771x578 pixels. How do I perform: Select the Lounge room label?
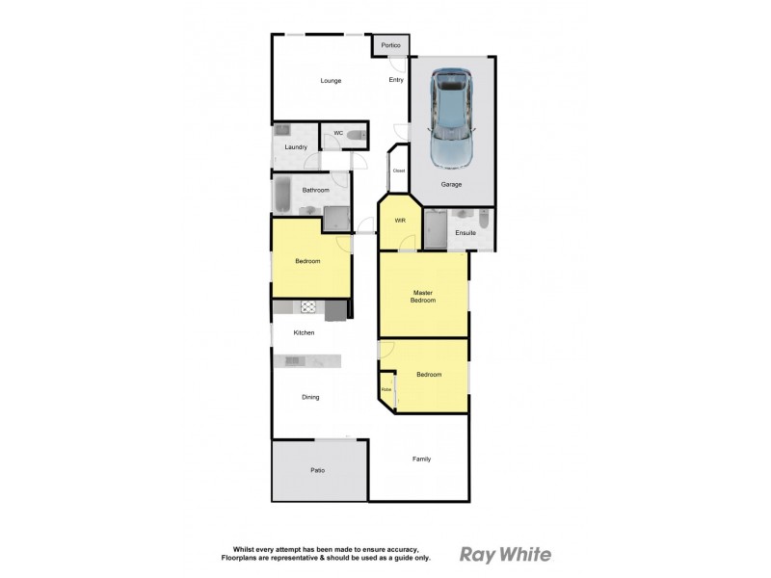(x=331, y=81)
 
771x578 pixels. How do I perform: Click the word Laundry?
(x=296, y=147)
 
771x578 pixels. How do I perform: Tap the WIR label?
(x=400, y=221)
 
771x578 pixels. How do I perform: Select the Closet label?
(x=399, y=171)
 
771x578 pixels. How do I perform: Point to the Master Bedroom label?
(x=423, y=296)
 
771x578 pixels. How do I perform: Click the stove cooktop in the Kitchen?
(x=309, y=307)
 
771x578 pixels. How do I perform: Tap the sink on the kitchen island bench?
(x=293, y=361)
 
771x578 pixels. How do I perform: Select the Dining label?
(x=310, y=397)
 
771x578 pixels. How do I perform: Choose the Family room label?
(x=421, y=459)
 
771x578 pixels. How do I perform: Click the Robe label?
(x=385, y=390)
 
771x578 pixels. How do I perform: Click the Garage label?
(x=451, y=183)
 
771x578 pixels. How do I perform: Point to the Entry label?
(x=396, y=80)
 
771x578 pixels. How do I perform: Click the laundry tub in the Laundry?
(x=281, y=129)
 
